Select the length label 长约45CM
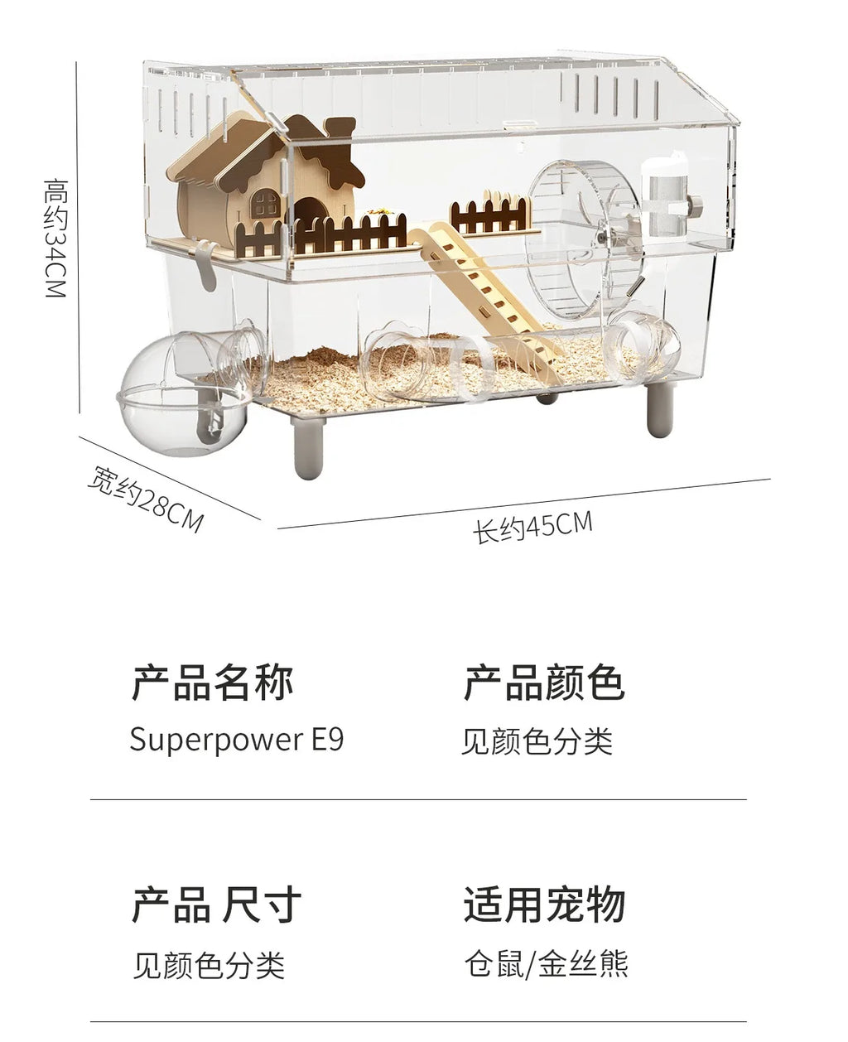pyautogui.click(x=532, y=527)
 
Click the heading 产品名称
pyautogui.click(x=213, y=684)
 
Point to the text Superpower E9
pyautogui.click(x=236, y=739)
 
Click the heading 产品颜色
pyautogui.click(x=544, y=684)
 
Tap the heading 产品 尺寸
pyautogui.click(x=217, y=905)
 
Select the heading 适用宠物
pyautogui.click(x=544, y=905)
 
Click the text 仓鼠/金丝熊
pyautogui.click(x=547, y=964)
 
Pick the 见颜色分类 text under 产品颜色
pyautogui.click(x=537, y=740)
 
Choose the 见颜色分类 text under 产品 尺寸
pyautogui.click(x=209, y=966)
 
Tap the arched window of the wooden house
pyautogui.click(x=266, y=203)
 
